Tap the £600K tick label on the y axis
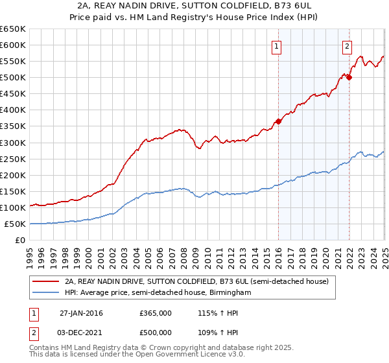pos(12,45)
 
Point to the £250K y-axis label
pos(12,159)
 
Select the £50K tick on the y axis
pos(15,224)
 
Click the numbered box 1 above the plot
pos(277,46)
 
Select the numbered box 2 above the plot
pos(347,46)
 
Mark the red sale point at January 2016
pos(278,121)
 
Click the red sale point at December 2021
pos(349,77)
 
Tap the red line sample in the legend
pos(47,282)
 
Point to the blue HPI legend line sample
pos(47,293)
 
